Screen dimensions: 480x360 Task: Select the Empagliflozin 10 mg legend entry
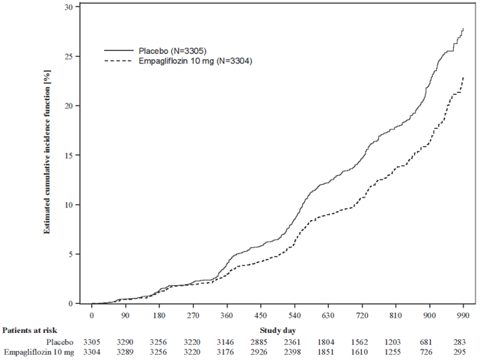[178, 61]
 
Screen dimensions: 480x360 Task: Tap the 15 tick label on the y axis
[68, 156]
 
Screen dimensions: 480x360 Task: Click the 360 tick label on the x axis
[227, 316]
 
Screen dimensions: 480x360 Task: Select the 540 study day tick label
[295, 316]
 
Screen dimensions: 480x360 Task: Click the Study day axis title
[277, 330]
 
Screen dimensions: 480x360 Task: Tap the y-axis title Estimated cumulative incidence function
[47, 152]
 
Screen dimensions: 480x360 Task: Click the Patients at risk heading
[30, 330]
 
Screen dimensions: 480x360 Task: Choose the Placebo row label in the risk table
[60, 342]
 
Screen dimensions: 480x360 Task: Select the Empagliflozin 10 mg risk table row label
[39, 353]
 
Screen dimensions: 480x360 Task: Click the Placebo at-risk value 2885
[259, 342]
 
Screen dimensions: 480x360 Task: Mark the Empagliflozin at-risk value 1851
[326, 353]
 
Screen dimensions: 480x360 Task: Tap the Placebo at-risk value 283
[460, 342]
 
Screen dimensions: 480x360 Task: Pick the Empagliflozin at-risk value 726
[426, 353]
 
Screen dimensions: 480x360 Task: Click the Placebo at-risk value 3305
[92, 342]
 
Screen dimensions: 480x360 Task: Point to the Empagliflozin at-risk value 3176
[225, 353]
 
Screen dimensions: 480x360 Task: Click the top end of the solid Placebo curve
[464, 28]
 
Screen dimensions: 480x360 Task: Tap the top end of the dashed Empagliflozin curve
[464, 77]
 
